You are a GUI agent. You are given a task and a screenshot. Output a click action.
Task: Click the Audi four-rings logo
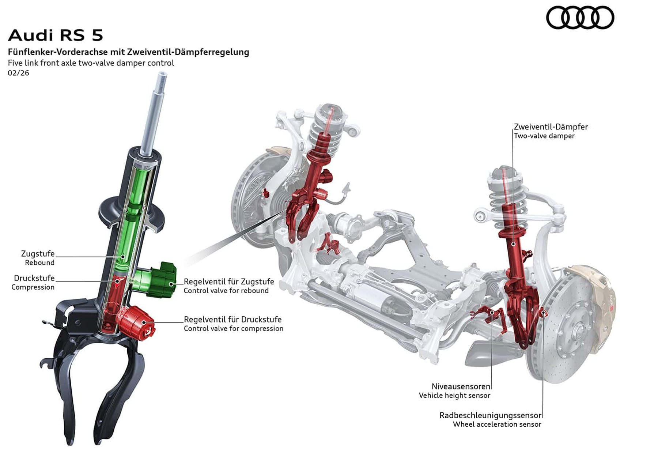580,18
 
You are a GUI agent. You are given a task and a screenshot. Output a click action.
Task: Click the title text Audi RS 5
56,35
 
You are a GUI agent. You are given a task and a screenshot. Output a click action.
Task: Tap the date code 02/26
18,73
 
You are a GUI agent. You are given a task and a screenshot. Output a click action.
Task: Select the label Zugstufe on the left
38,253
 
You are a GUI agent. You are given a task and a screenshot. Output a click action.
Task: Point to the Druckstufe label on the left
34,278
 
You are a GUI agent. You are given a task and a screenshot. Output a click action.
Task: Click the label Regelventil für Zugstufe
229,282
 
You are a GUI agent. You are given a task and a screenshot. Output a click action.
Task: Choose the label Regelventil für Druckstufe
232,319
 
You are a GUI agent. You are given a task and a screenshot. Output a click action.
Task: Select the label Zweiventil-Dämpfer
551,127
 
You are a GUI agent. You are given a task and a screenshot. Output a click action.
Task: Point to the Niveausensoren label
461,386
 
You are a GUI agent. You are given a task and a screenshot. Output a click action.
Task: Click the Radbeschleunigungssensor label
490,415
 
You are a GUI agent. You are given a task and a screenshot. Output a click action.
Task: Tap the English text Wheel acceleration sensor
497,425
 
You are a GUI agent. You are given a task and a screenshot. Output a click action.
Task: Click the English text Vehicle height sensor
454,396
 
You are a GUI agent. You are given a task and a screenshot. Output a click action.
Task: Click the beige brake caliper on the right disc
600,303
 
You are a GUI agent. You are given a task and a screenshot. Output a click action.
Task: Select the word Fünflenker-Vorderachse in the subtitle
58,52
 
